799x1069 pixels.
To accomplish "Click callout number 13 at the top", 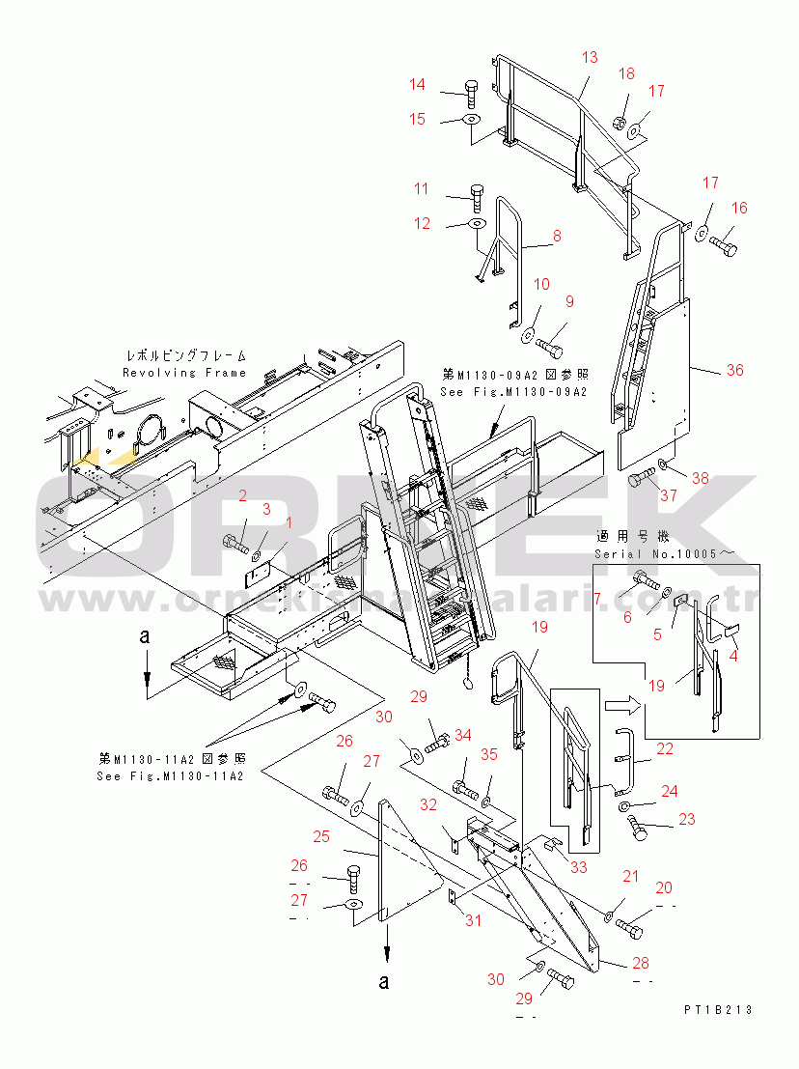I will pyautogui.click(x=590, y=58).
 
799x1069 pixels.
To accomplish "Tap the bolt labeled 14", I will pyautogui.click(x=470, y=94).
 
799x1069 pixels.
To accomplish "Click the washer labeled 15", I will pyautogui.click(x=471, y=120).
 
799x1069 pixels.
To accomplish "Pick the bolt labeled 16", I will pyautogui.click(x=724, y=247).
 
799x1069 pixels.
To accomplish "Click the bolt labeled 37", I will pyautogui.click(x=641, y=479).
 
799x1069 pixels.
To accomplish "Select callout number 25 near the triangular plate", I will pyautogui.click(x=321, y=835).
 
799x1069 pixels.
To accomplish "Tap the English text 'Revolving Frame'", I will pyautogui.click(x=184, y=372).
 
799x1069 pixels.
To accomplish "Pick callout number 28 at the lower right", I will pyautogui.click(x=641, y=963).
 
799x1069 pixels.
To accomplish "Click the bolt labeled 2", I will pyautogui.click(x=236, y=542).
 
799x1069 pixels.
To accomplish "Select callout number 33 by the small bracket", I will pyautogui.click(x=578, y=867).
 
